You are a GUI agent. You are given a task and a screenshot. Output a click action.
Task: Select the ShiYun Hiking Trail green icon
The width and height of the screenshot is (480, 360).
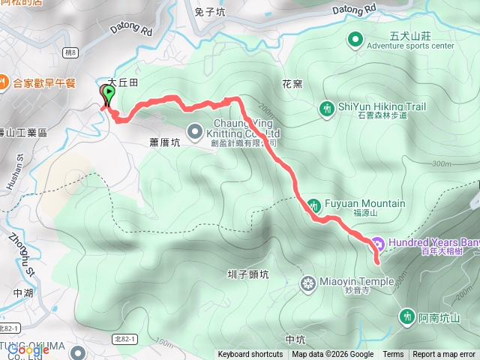click(327, 108)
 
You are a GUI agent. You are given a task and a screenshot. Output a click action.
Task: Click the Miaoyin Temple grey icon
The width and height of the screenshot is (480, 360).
click(307, 262)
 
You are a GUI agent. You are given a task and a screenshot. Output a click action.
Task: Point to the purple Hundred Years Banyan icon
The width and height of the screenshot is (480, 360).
click(378, 243)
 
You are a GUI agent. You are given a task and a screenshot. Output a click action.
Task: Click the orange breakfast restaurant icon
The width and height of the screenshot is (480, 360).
click(4, 82)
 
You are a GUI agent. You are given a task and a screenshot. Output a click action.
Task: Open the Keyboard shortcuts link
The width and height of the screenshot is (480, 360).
click(250, 355)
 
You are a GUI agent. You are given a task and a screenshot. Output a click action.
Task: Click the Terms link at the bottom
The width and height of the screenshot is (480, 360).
click(393, 355)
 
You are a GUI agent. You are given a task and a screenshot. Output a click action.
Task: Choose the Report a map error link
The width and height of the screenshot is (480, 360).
click(444, 355)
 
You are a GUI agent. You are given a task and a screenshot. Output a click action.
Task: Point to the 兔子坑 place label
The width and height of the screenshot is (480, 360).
click(210, 12)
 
